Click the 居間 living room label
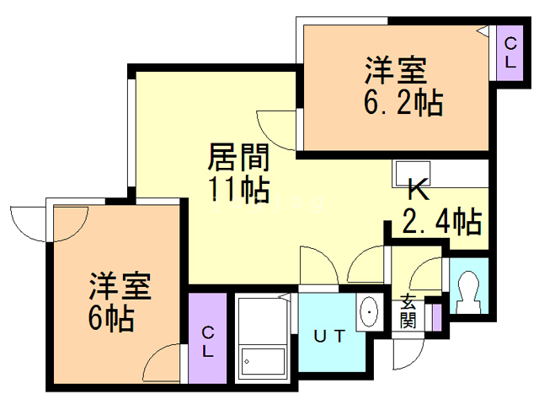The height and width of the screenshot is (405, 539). pyautogui.click(x=237, y=159)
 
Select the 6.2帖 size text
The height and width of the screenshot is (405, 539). pyautogui.click(x=403, y=104)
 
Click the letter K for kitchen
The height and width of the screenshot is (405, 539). pyautogui.click(x=419, y=189)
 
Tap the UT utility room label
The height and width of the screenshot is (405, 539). pyautogui.click(x=329, y=336)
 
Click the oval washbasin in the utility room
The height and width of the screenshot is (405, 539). pyautogui.click(x=369, y=313)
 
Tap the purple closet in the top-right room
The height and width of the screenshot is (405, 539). pyautogui.click(x=510, y=53)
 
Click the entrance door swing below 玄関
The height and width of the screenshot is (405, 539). pyautogui.click(x=405, y=354)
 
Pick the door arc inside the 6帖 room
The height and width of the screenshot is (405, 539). pyautogui.click(x=163, y=368)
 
